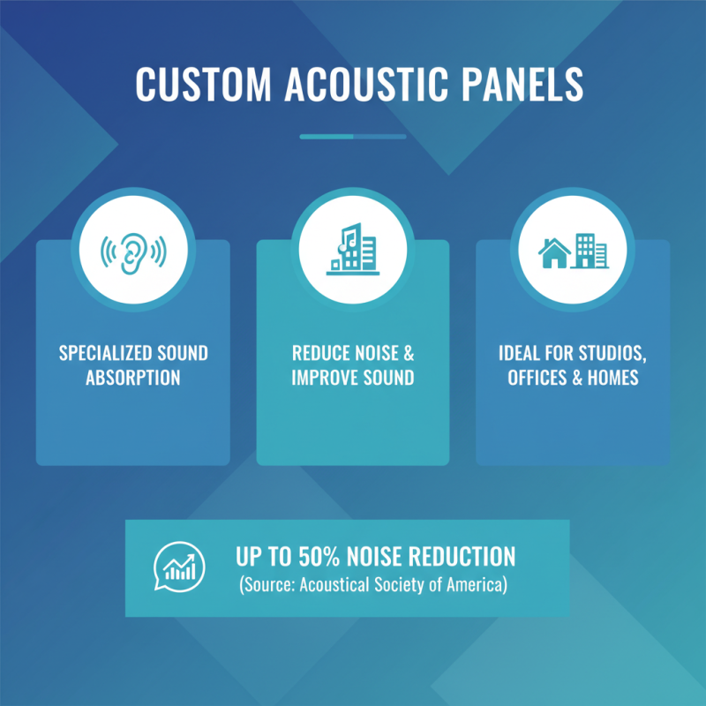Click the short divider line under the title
point(353,137)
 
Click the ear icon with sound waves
point(133,252)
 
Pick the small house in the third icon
point(554,253)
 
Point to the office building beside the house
point(590,251)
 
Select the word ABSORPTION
point(133,379)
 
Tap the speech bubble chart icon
point(180,566)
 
